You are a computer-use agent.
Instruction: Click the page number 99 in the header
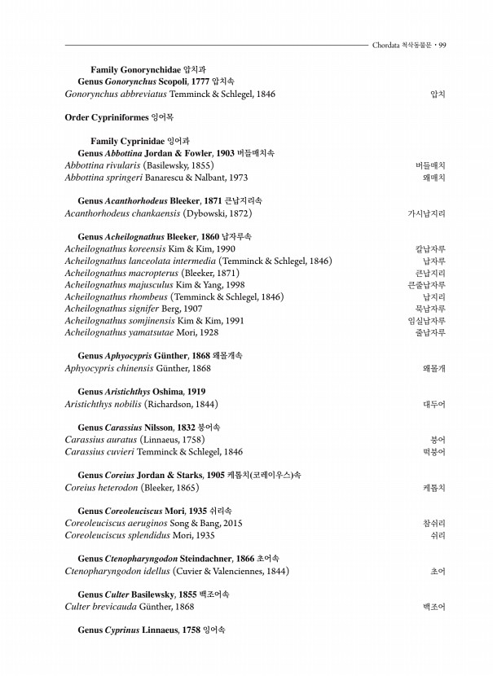[442, 45]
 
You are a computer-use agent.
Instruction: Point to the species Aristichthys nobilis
[101, 404]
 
